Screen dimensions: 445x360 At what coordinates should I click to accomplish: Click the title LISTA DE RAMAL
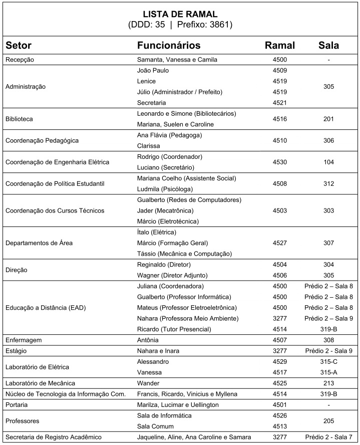[180, 14]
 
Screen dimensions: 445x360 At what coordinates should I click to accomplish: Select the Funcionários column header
[169, 46]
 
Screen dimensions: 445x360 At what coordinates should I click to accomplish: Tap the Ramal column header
[279, 46]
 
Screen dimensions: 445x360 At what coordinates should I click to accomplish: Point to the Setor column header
[19, 46]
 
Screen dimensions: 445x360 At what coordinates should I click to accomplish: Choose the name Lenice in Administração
[146, 81]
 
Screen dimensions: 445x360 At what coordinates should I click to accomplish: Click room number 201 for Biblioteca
[328, 119]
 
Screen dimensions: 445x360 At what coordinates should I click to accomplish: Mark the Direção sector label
[16, 270]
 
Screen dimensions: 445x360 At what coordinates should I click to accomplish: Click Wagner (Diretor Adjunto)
[172, 275]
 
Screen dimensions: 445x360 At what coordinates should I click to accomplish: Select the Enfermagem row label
[23, 340]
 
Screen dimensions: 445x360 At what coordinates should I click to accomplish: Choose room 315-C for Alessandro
[328, 361]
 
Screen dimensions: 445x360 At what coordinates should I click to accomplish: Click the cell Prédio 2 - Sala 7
[328, 437]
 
